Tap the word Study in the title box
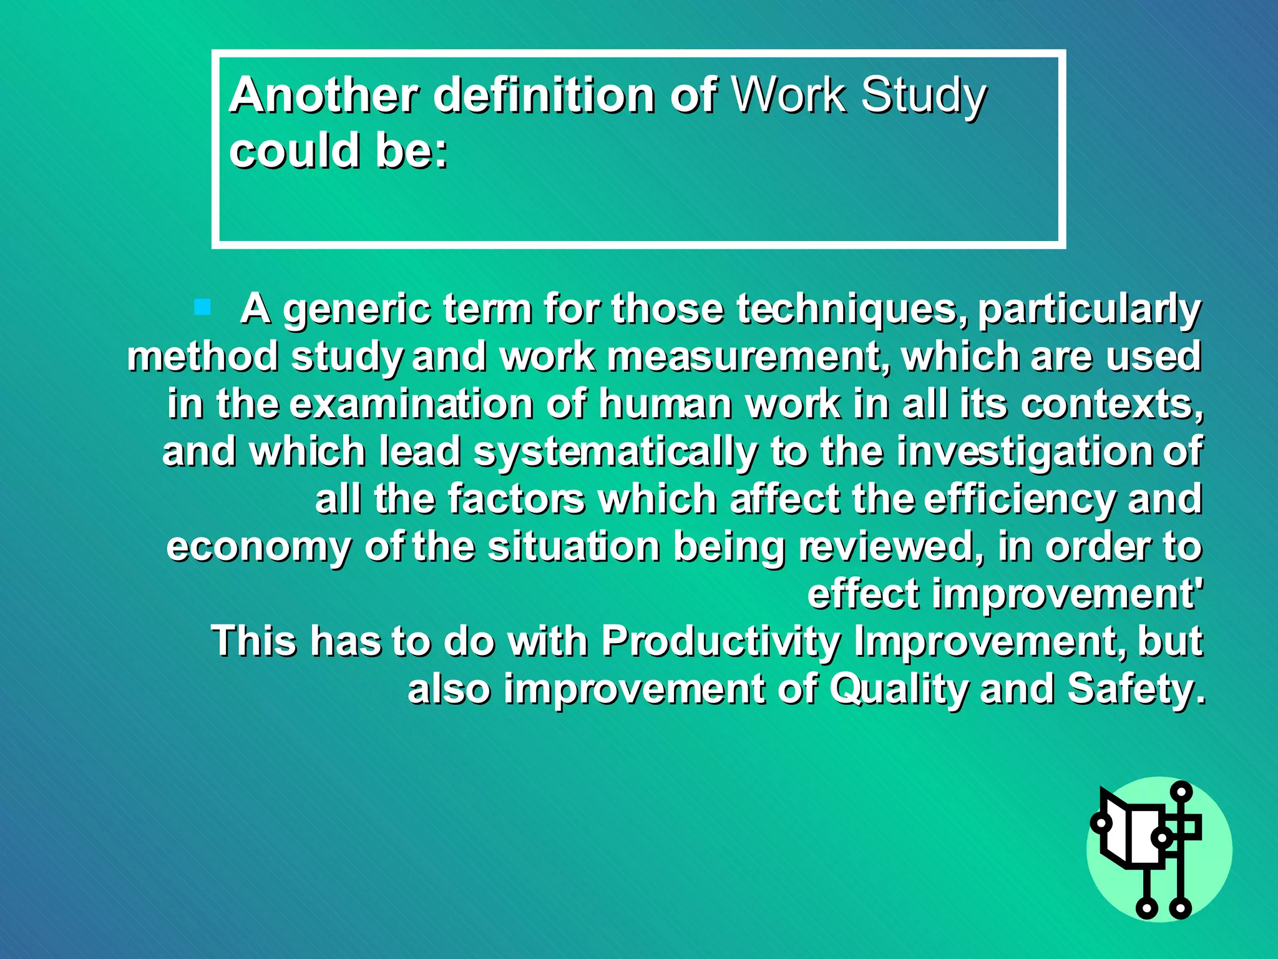923,96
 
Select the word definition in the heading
543,95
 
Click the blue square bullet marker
202,307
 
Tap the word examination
412,404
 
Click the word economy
258,548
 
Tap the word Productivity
721,641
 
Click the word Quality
899,689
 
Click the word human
665,404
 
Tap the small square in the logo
1189,828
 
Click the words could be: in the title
339,151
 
